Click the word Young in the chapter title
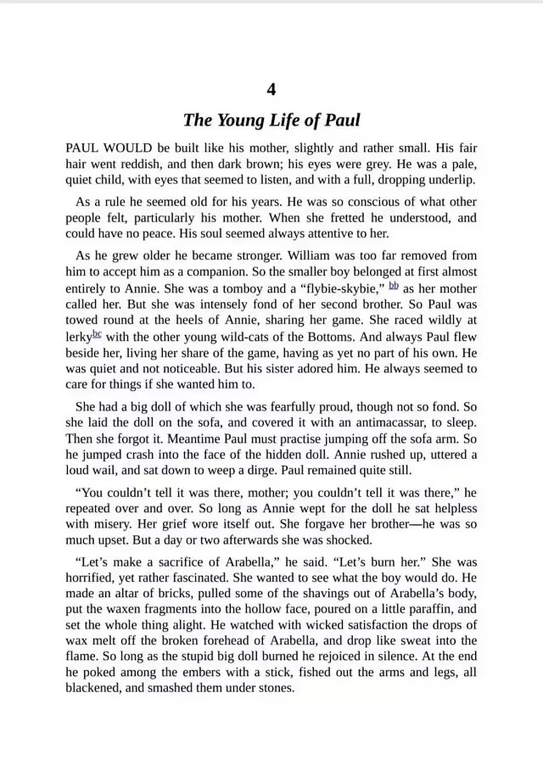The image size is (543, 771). [x=240, y=120]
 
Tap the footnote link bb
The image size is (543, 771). [x=395, y=286]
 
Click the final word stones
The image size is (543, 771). [x=269, y=688]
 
